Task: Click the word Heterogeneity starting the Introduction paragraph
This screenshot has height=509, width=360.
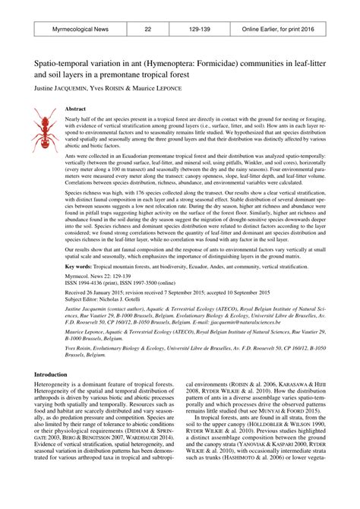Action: point(55,386)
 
